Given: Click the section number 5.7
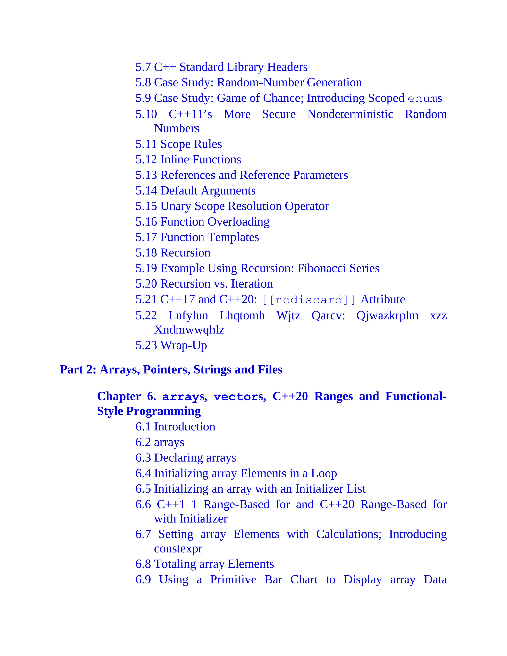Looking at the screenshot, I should pyautogui.click(x=143, y=67).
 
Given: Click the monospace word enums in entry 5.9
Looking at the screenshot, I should pyautogui.click(x=425, y=99).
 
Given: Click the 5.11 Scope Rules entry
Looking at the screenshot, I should pyautogui.click(x=178, y=144).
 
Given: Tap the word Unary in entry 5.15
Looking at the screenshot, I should pyautogui.click(x=176, y=206).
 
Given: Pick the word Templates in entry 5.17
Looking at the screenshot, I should pyautogui.click(x=234, y=237).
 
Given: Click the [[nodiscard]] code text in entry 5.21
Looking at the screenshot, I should pyautogui.click(x=309, y=300).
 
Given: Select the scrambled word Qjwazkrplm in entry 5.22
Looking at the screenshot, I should pyautogui.click(x=387, y=316).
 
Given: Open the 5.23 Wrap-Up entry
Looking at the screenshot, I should pyautogui.click(x=171, y=345).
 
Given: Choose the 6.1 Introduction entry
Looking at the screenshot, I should pyautogui.click(x=176, y=427).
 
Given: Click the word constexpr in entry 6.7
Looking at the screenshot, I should pyautogui.click(x=178, y=549).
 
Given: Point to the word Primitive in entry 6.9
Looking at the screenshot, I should pyautogui.click(x=233, y=580).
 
